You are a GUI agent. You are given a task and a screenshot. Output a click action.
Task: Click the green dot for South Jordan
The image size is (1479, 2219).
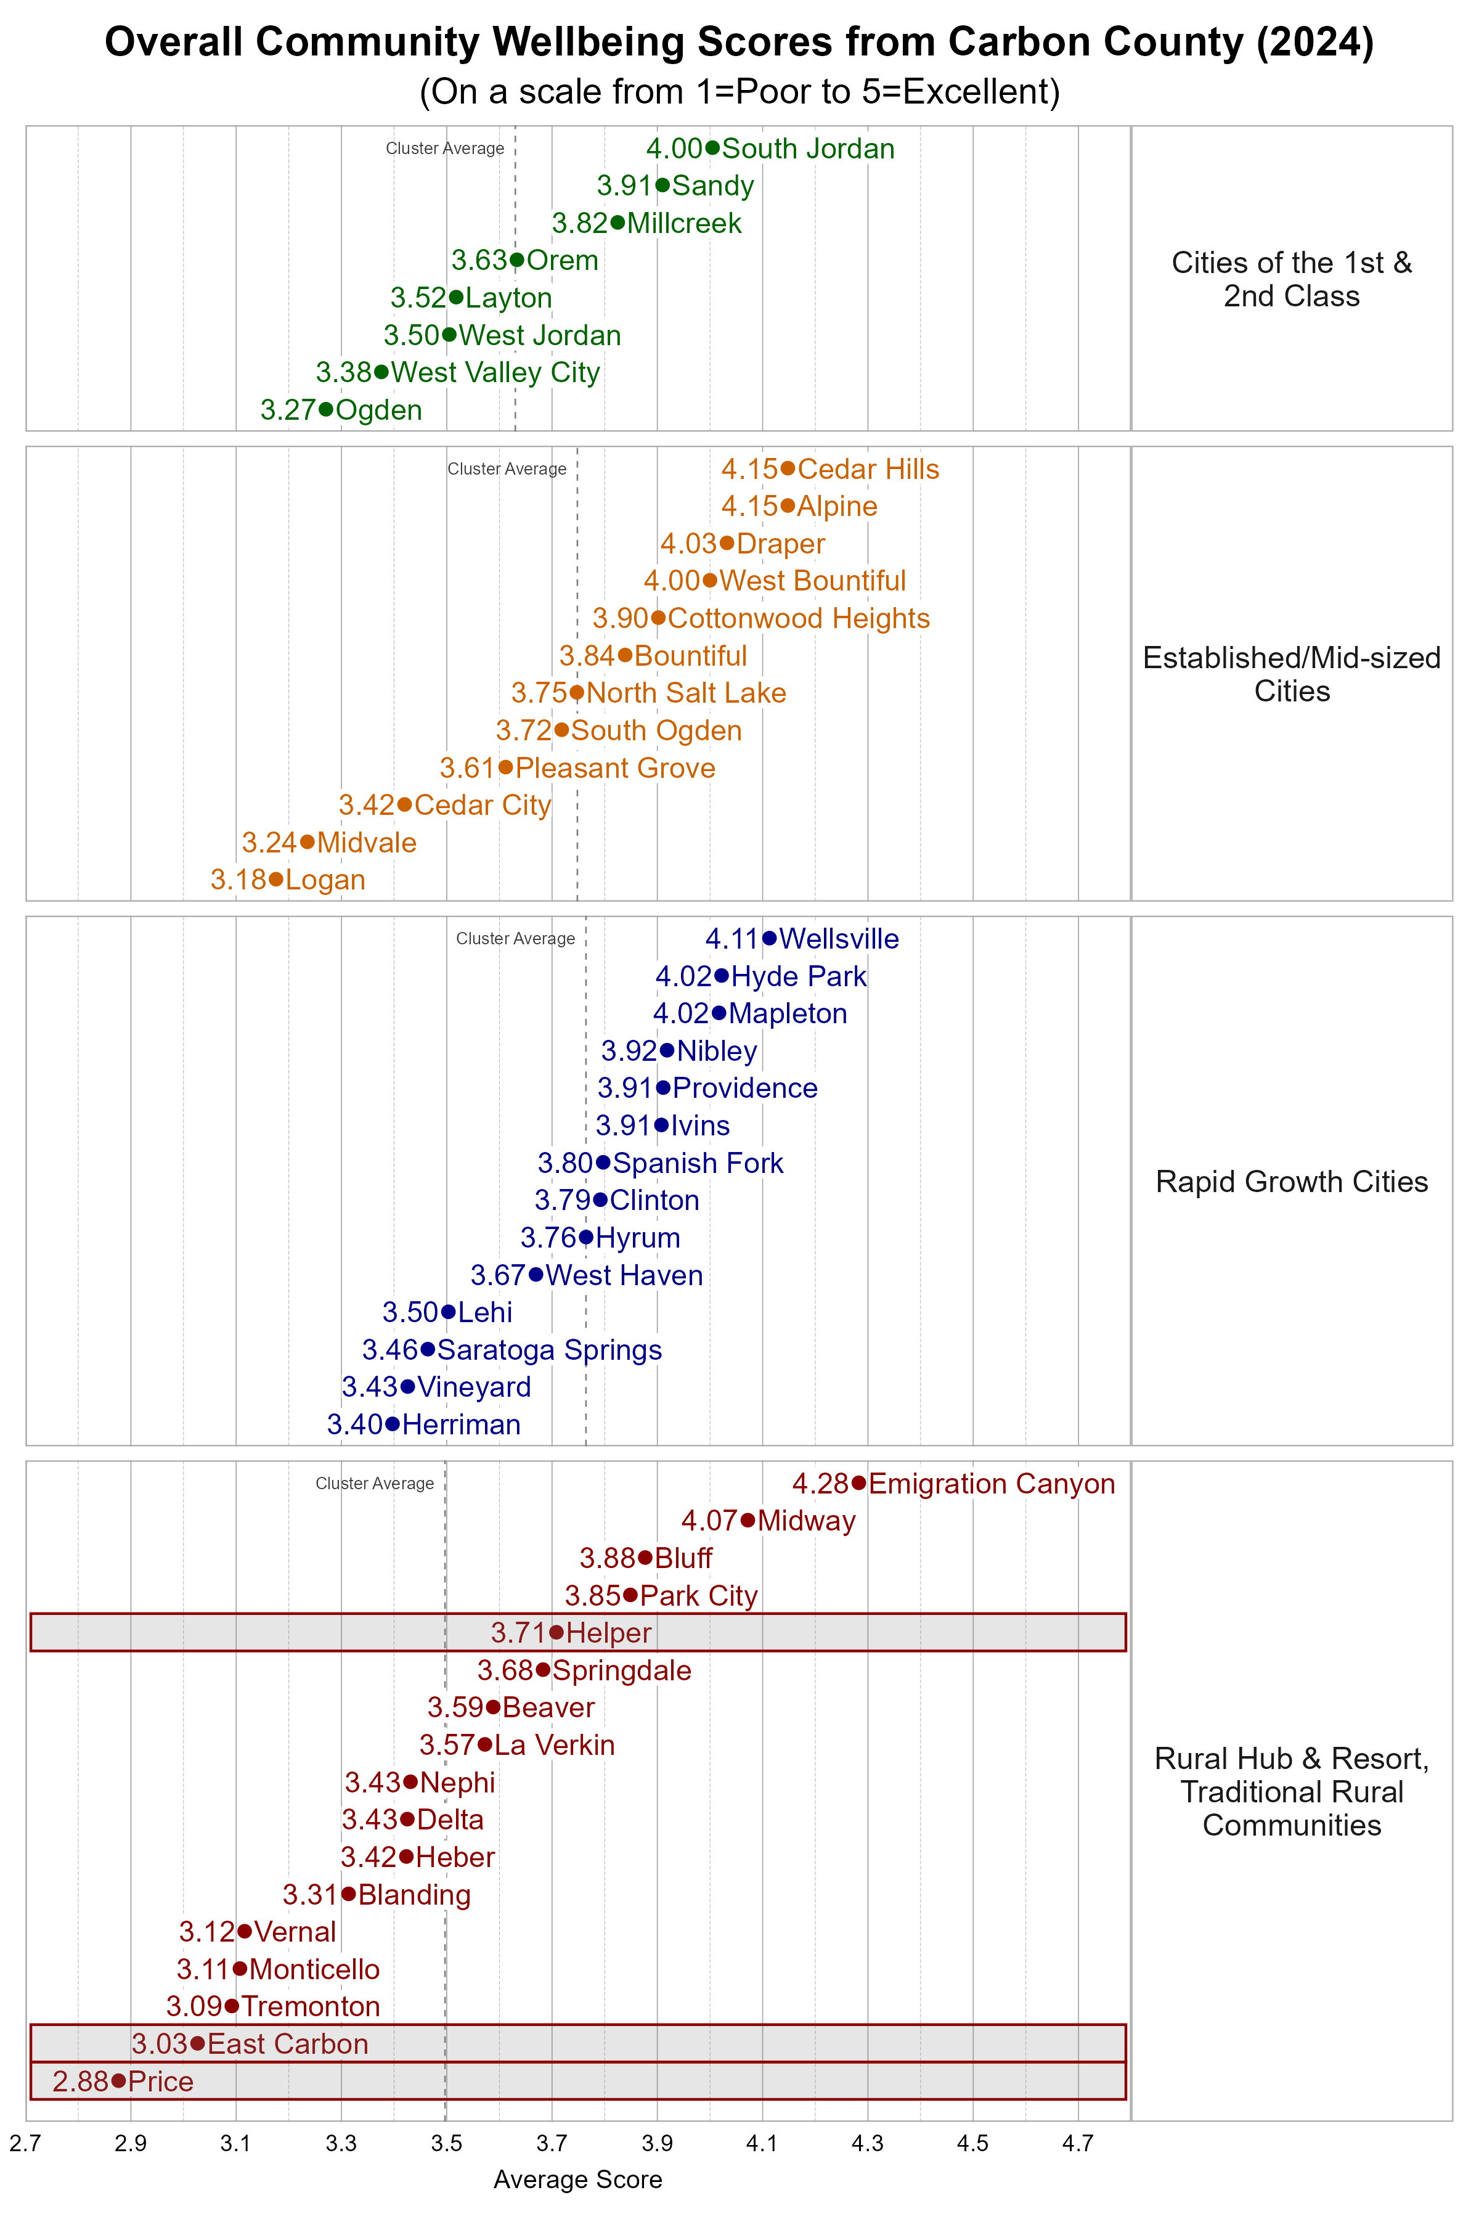click(712, 148)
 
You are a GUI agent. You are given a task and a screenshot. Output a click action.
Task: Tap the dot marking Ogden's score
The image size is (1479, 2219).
click(325, 409)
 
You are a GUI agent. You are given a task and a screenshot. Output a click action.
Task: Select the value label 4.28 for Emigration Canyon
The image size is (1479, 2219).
click(820, 1484)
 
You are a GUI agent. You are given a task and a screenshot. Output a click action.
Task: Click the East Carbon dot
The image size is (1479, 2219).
click(197, 2043)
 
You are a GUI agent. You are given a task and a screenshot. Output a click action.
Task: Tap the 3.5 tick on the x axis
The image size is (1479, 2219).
click(446, 2144)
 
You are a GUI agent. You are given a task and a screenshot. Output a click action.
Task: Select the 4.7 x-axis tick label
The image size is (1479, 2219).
click(1078, 2144)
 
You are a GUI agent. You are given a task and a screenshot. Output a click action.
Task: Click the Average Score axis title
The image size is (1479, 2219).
click(577, 2180)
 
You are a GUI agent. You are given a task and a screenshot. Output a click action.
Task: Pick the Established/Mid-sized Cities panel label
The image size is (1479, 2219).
click(1291, 674)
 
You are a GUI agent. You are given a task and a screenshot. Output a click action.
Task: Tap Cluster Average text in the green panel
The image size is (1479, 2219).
click(444, 148)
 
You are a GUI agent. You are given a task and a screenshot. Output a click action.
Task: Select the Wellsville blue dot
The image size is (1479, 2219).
click(770, 938)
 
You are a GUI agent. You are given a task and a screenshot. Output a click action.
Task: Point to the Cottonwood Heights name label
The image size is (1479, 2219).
click(798, 618)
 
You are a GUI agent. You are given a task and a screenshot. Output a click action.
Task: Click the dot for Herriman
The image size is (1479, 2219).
click(393, 1424)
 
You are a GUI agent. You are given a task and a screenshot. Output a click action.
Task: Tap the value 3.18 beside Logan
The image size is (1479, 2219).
click(238, 880)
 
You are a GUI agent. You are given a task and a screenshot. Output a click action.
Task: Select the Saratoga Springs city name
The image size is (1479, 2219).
click(549, 1350)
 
